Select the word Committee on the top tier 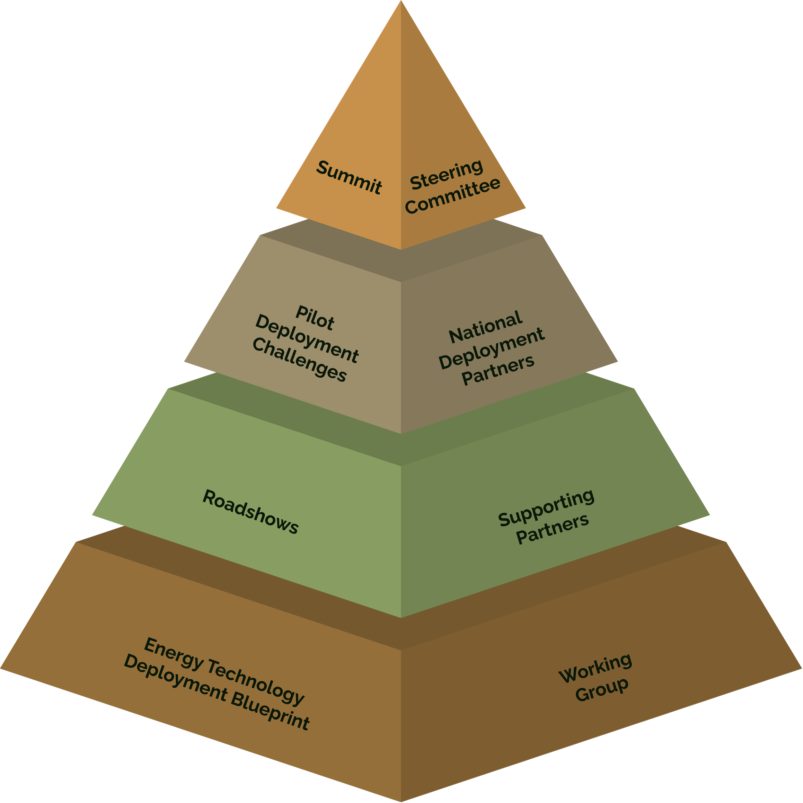click(x=453, y=195)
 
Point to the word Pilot click(x=315, y=318)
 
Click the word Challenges click(x=299, y=359)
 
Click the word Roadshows click(x=250, y=512)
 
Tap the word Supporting click(x=546, y=507)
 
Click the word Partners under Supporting click(x=552, y=529)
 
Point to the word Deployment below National click(x=491, y=348)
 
